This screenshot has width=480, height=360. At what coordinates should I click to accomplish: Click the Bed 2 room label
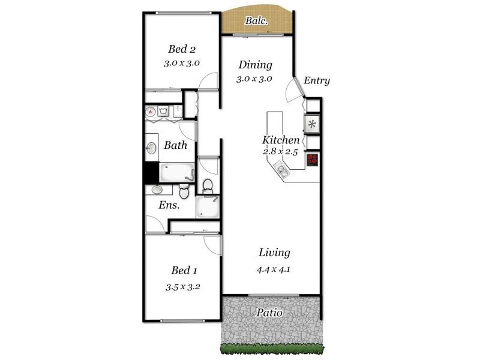tap(181, 49)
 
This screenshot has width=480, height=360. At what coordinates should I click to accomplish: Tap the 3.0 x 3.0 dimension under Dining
tap(254, 79)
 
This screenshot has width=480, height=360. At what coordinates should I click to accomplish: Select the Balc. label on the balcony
tap(256, 21)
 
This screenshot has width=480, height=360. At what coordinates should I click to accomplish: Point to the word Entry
tap(317, 80)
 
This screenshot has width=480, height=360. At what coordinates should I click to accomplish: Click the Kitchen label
tap(281, 140)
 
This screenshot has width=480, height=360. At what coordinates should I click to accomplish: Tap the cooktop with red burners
tap(313, 160)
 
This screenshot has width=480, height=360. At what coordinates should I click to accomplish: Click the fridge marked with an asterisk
tap(312, 125)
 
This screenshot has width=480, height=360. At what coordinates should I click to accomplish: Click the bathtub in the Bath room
tap(175, 172)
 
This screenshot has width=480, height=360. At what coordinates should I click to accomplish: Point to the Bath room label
tap(175, 145)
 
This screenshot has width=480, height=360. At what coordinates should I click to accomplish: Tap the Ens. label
tap(170, 205)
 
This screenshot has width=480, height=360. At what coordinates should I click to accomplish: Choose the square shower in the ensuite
tap(208, 207)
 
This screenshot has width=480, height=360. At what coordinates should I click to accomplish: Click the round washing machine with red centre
tap(151, 111)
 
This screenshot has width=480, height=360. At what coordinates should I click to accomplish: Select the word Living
tap(274, 253)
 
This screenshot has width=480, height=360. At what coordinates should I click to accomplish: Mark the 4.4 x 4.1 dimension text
tap(273, 269)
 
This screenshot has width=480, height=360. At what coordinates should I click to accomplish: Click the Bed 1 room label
tap(184, 270)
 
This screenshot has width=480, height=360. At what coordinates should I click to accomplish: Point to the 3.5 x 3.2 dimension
tap(183, 286)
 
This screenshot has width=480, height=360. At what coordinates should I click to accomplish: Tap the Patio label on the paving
tap(269, 313)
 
